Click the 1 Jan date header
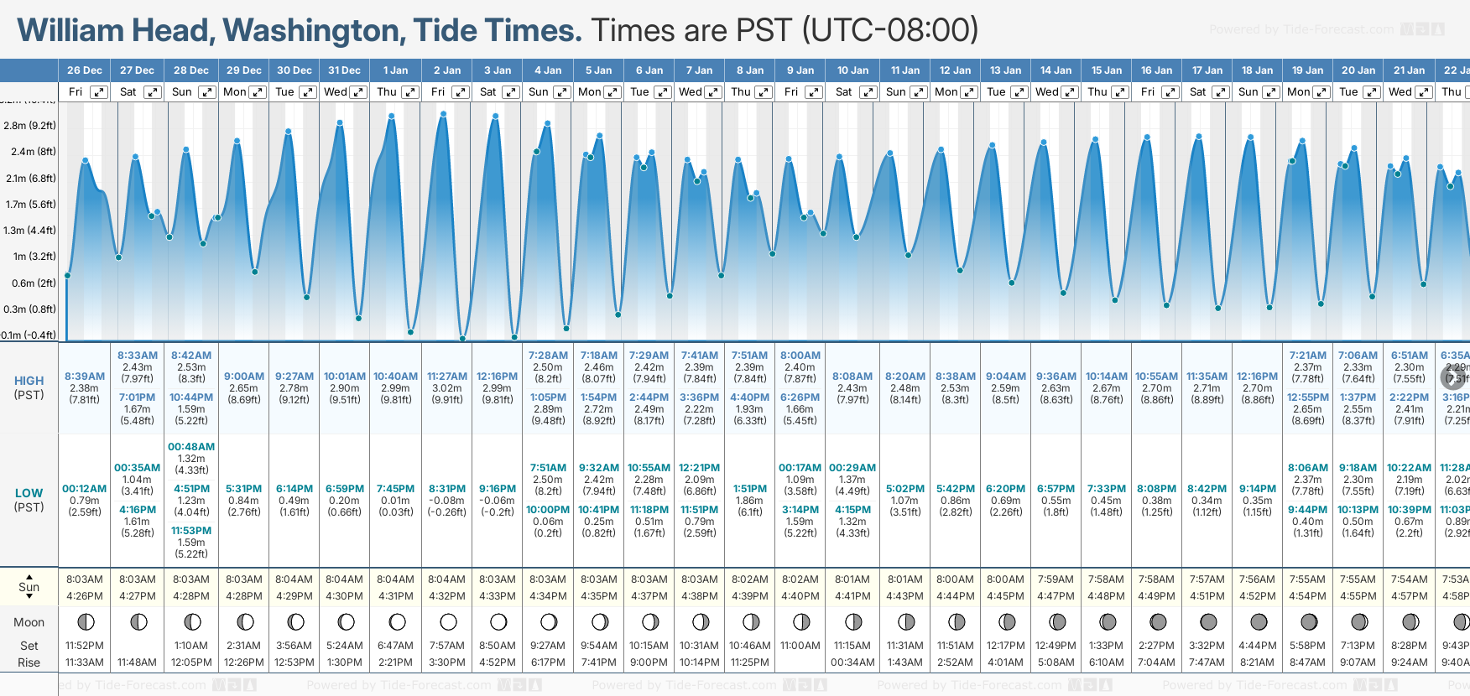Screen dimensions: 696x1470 click(395, 70)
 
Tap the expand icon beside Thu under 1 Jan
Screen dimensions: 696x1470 click(409, 92)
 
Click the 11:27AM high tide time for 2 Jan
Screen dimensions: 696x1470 click(447, 377)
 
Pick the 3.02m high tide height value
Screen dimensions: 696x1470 click(447, 388)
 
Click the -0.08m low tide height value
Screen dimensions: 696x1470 click(447, 501)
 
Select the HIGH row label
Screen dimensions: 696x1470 click(29, 381)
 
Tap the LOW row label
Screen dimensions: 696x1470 click(29, 493)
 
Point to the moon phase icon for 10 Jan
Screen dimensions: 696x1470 click(853, 622)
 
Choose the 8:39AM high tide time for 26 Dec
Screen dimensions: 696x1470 click(84, 377)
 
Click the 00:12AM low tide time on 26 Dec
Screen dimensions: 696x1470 click(84, 489)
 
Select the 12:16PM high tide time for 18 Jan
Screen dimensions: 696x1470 click(1257, 377)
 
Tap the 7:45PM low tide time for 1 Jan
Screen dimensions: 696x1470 click(395, 489)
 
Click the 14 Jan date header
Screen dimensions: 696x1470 click(1056, 70)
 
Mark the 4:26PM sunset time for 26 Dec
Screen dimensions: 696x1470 click(84, 596)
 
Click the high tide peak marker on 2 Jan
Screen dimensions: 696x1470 click(443, 114)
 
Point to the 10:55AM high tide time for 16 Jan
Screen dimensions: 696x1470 click(1156, 377)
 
